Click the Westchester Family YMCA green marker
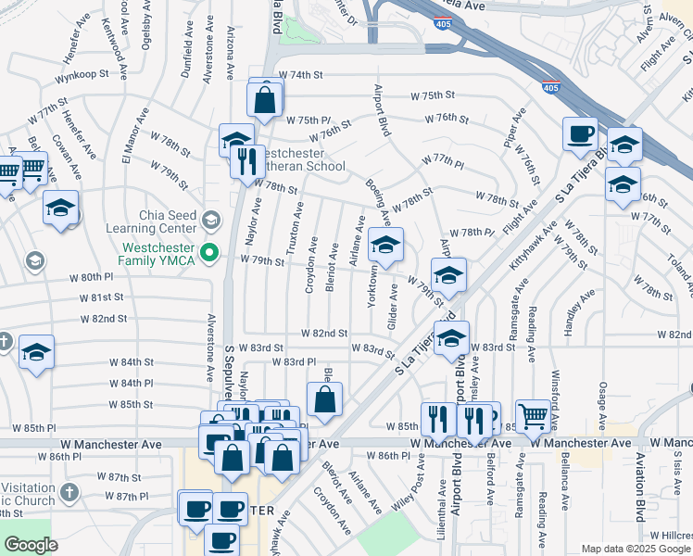(210, 250)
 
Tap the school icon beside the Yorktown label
(385, 246)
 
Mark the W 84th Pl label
(131, 383)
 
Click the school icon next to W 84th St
(37, 353)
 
